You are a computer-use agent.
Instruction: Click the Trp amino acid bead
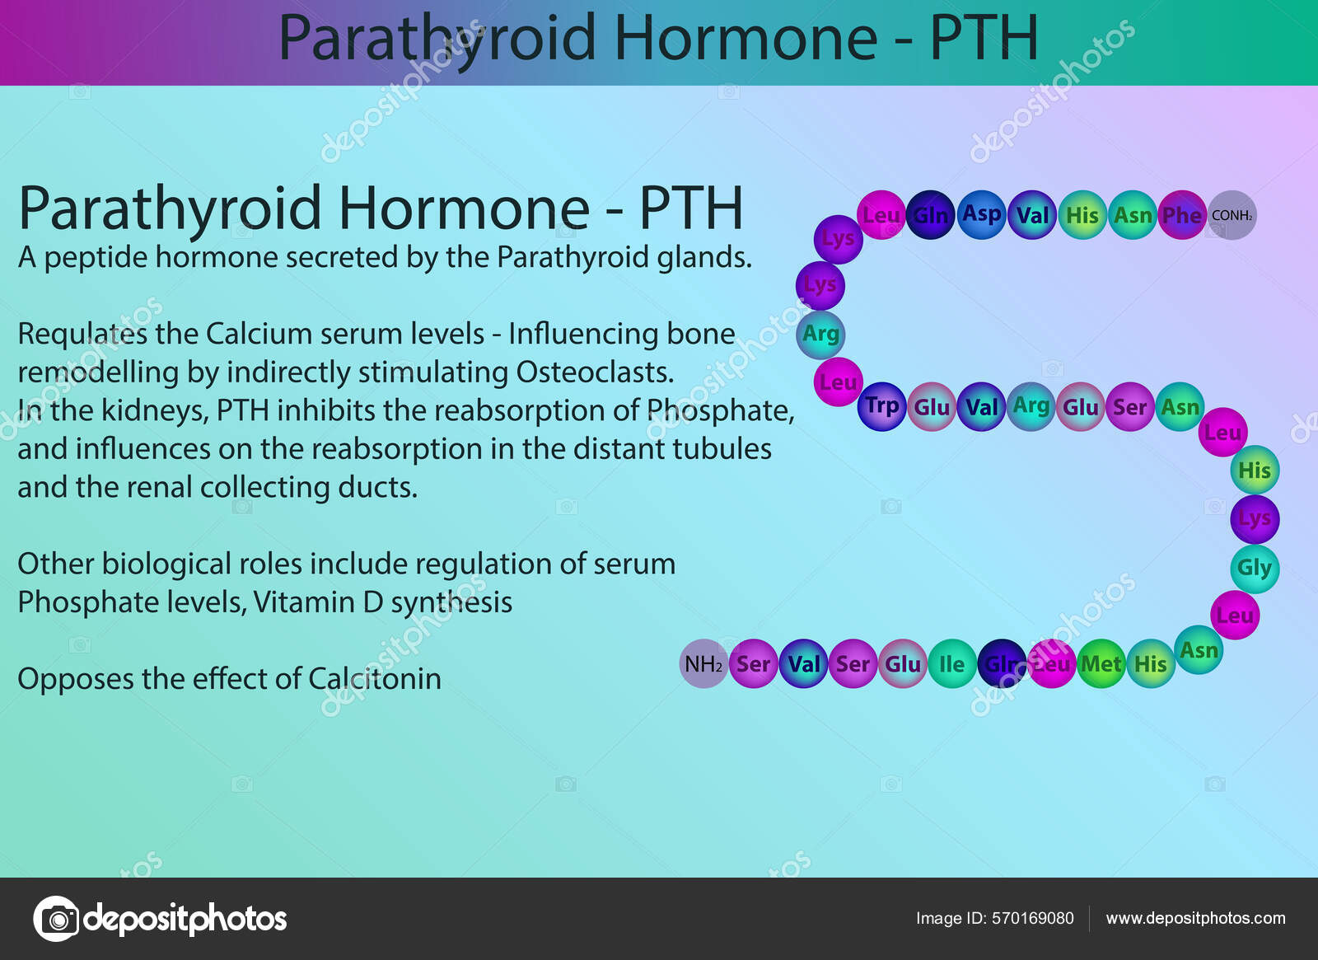[x=881, y=406]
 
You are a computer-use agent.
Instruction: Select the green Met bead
[x=1101, y=663]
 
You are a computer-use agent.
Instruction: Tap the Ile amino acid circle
[x=952, y=663]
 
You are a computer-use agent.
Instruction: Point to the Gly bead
[x=1255, y=568]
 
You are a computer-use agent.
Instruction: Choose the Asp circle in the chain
[x=981, y=214]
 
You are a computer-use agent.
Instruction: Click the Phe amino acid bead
[x=1181, y=214]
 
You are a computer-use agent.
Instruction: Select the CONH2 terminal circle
[x=1232, y=215]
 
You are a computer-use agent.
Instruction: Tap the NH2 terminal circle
[x=703, y=663]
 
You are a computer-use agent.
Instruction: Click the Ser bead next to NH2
[x=754, y=663]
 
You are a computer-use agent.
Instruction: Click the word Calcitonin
[x=375, y=679]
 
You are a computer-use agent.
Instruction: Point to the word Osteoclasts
[x=595, y=372]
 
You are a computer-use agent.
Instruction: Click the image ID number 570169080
[x=1033, y=918]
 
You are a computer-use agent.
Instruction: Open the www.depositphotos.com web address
[x=1195, y=919]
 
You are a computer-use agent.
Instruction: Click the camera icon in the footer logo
[x=57, y=919]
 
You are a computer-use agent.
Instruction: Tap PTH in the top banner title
[x=984, y=38]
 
